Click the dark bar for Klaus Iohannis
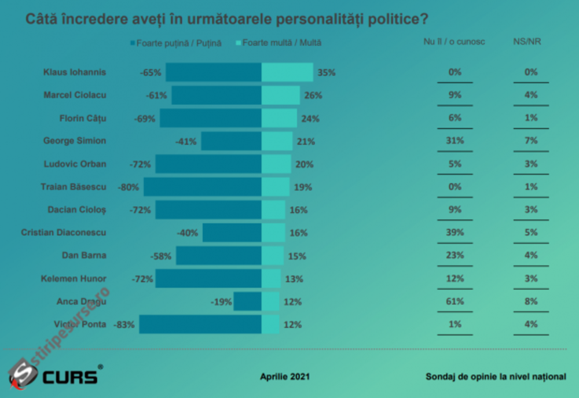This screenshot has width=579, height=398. click(x=214, y=72)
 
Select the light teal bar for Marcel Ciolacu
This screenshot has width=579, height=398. click(x=281, y=95)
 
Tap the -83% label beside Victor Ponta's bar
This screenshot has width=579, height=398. click(x=126, y=325)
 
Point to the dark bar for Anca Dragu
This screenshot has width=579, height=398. click(x=247, y=301)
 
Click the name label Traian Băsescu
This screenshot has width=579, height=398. click(x=74, y=187)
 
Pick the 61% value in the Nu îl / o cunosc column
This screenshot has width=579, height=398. click(x=455, y=301)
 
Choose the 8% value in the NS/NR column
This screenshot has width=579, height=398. click(x=531, y=301)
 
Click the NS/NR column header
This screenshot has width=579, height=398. click(x=527, y=42)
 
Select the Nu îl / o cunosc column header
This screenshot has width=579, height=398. click(x=454, y=42)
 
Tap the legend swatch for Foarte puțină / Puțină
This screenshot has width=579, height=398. click(x=133, y=43)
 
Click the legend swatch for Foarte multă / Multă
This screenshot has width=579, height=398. click(x=239, y=43)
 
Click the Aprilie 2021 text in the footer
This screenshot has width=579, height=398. click(x=285, y=377)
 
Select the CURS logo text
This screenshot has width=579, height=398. click(x=69, y=377)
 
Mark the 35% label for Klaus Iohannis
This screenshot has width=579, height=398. click(x=327, y=72)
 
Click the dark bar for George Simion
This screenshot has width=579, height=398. click(x=231, y=141)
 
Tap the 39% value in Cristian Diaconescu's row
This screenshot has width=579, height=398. click(x=455, y=233)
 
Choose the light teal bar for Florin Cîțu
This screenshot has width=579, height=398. click(x=279, y=118)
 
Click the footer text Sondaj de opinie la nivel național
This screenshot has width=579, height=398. click(x=496, y=377)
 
